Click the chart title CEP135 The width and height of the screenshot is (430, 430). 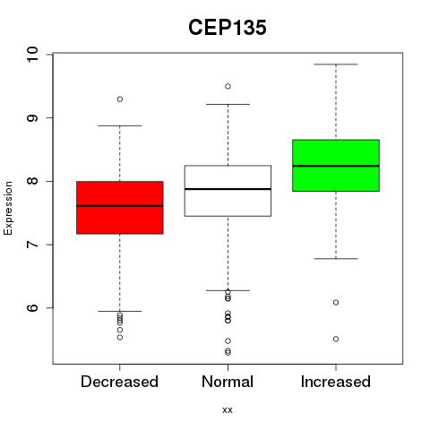pos(228,28)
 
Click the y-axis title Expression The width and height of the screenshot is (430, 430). pos(8,208)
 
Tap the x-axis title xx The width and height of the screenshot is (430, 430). pos(228,410)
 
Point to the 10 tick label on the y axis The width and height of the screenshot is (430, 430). pos(32,55)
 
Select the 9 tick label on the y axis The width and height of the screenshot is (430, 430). pos(32,117)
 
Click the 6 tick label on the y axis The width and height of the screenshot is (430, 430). pos(32,308)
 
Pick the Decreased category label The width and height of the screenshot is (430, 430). pos(119,382)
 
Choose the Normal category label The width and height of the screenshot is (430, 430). pos(228,382)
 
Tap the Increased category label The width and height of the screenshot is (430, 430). pos(336,382)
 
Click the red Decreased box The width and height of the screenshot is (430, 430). pos(120,208)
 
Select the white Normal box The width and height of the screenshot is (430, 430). pos(228,191)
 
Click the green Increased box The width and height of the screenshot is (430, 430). pos(336,166)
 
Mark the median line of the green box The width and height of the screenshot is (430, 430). pos(336,166)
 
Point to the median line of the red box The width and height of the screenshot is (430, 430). pos(120,206)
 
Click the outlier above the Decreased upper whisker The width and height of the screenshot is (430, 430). pos(120,99)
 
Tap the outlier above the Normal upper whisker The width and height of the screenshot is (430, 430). pos(228,86)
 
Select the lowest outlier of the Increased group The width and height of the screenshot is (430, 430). pos(336,339)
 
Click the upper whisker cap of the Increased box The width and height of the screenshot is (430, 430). pos(336,64)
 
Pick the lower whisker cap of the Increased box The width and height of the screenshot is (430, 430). pos(336,259)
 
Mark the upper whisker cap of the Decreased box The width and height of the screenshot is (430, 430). pos(120,125)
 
